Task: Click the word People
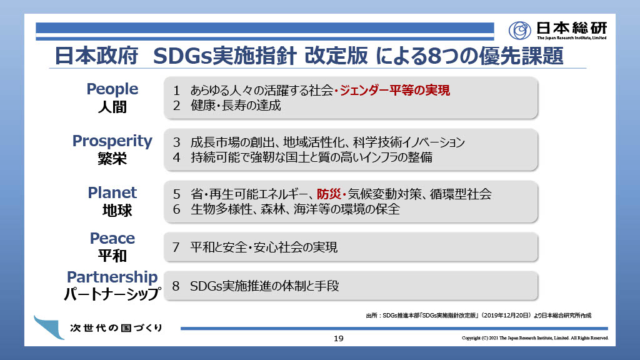tap(112, 89)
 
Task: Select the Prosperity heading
tap(112, 141)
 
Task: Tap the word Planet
tap(112, 192)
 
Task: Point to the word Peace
tap(112, 238)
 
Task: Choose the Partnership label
tap(112, 277)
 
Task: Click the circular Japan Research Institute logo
tap(519, 30)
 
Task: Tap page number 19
tap(338, 338)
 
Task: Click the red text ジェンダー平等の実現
tap(395, 90)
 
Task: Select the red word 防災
tap(329, 194)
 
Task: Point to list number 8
tap(176, 286)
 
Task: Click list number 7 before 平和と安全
tap(176, 247)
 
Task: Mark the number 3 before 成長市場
tap(176, 142)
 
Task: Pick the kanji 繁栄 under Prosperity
tap(112, 158)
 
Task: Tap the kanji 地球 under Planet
tap(117, 211)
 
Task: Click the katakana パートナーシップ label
tap(112, 294)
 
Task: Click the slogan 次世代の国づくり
tap(116, 327)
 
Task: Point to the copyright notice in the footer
tap(535, 338)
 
